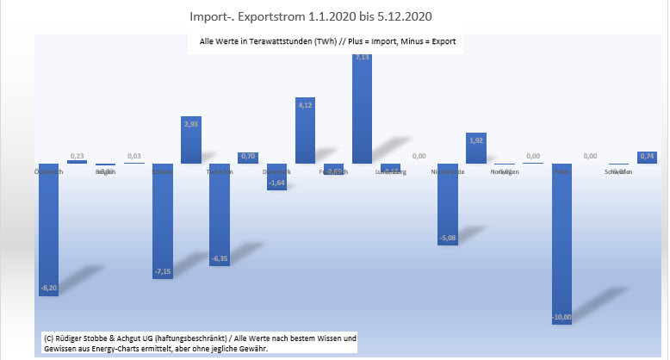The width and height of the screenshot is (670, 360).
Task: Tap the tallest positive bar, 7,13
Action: coord(363,108)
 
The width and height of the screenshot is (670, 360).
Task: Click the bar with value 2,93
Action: coord(191,140)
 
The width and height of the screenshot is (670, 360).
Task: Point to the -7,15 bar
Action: coord(163,220)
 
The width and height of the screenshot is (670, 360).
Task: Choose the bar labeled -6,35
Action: coord(220,214)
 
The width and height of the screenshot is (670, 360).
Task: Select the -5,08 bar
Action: coord(448,205)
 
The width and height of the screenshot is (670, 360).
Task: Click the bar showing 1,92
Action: coord(476,148)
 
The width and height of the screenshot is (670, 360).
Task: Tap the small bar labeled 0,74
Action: coord(647,158)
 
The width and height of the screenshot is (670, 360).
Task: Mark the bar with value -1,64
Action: coord(276,177)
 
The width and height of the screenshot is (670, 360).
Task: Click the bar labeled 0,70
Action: coord(248,158)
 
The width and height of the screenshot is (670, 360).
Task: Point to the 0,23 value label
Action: coord(77,155)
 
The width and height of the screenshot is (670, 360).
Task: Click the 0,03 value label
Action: coord(134,156)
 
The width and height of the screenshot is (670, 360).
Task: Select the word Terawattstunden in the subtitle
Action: coord(282,41)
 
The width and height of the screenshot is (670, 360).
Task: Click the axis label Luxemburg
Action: coord(391,172)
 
